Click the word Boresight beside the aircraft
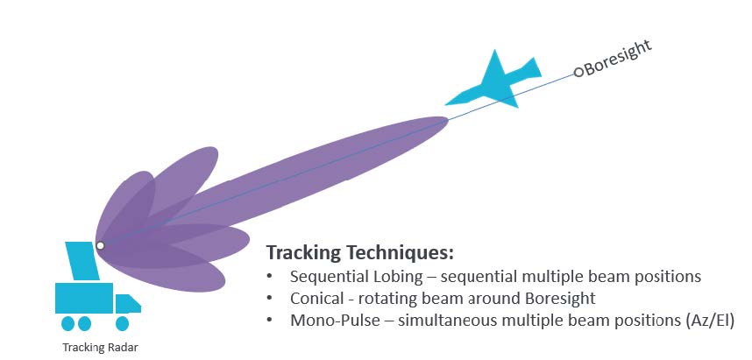pos(618,58)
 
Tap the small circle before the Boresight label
pos(578,73)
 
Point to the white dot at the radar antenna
pos(100,245)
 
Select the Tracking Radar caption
pos(100,347)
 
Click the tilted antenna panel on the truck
pos(82,261)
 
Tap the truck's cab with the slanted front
pos(128,303)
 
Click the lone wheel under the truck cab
pos(123,323)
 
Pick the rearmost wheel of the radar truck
pos(67,323)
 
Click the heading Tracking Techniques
pos(359,252)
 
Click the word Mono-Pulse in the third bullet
pos(341,321)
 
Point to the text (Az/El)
pos(708,321)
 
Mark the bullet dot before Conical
pos(270,298)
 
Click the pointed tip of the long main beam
pos(448,119)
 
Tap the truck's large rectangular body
pos(84,298)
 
